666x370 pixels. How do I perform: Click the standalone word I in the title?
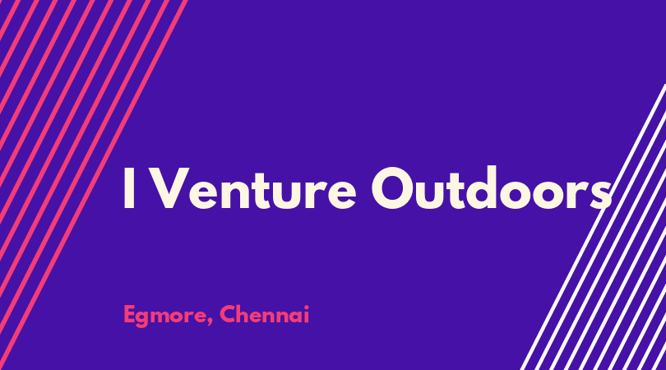pyautogui.click(x=129, y=188)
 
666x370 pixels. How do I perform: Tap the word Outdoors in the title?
pyautogui.click(x=492, y=187)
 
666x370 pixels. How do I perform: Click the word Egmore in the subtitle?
pyautogui.click(x=164, y=316)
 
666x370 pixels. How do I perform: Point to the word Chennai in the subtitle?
pyautogui.click(x=264, y=314)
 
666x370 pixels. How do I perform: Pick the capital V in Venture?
pyautogui.click(x=166, y=188)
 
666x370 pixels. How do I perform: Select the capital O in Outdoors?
pyautogui.click(x=394, y=188)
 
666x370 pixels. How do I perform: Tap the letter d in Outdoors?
pyautogui.click(x=482, y=187)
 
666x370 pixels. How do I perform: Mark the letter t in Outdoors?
pyautogui.click(x=451, y=189)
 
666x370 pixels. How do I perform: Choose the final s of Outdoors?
pyautogui.click(x=601, y=194)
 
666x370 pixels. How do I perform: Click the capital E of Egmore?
pyautogui.click(x=130, y=314)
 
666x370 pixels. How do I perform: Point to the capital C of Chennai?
pyautogui.click(x=228, y=314)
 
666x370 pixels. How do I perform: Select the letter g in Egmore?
pyautogui.click(x=145, y=319)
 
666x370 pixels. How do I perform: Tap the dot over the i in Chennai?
pyautogui.click(x=306, y=307)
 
